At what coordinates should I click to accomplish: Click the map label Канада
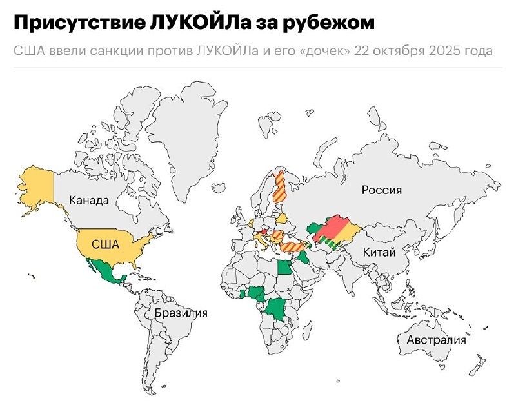(89, 200)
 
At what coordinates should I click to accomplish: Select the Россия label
(381, 190)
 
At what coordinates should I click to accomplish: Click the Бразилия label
(181, 313)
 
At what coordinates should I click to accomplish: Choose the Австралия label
(436, 340)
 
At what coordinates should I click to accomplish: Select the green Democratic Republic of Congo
(279, 307)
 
